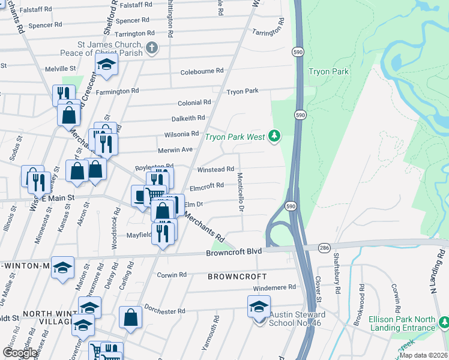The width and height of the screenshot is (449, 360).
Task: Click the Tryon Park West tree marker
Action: pos(274,137)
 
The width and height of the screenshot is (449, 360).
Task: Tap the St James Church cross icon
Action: pos(152,48)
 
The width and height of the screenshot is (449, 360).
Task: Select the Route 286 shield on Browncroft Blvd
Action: pos(324,247)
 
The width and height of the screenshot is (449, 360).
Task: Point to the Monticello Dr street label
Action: pos(240,192)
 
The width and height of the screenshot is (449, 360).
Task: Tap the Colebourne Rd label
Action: pos(202,71)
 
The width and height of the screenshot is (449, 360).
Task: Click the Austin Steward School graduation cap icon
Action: pos(259,307)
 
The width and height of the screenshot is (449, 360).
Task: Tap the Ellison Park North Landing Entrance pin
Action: pos(444,323)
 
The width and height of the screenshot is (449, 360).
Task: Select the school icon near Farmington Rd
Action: pos(106,65)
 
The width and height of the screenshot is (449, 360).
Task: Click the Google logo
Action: pos(20,353)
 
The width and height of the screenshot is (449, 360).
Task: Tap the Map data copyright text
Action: pos(423,355)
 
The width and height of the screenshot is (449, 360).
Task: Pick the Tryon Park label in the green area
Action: pos(328,72)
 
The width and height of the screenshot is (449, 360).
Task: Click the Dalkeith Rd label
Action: pos(188,118)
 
